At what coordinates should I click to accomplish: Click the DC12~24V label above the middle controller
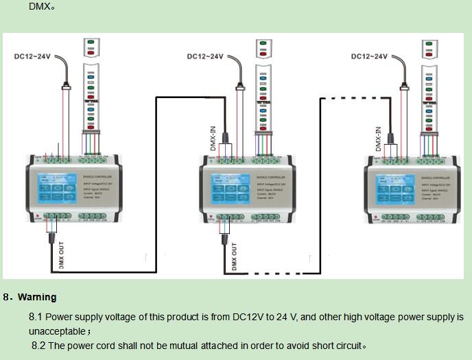205,56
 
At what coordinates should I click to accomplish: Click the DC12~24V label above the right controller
369,56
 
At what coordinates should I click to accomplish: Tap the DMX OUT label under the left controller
61,257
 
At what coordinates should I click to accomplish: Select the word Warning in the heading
37,298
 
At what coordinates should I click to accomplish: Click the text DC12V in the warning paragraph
249,317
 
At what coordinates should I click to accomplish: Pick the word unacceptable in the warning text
57,331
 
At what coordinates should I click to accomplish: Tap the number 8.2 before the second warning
38,346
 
